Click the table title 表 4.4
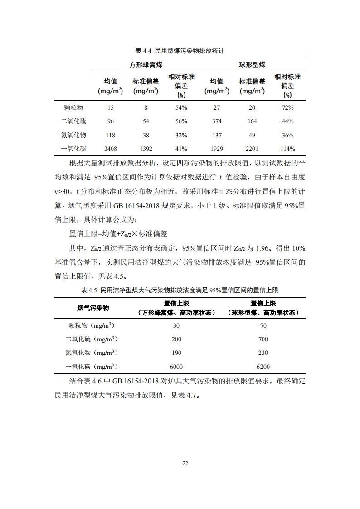pyautogui.click(x=180, y=51)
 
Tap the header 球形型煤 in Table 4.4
pyautogui.click(x=252, y=64)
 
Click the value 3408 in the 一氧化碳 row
pyautogui.click(x=111, y=149)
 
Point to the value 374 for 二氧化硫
pyautogui.click(x=217, y=121)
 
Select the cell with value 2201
pyautogui.click(x=252, y=149)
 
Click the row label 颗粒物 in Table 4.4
pyautogui.click(x=74, y=107)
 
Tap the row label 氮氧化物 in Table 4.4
pyautogui.click(x=73, y=135)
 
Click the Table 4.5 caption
pyautogui.click(x=180, y=290)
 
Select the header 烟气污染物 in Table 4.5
pyautogui.click(x=93, y=308)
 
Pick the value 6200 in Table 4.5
pyautogui.click(x=263, y=367)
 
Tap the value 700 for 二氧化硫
pyautogui.click(x=263, y=339)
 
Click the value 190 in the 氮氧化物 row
pyautogui.click(x=177, y=353)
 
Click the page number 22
pyautogui.click(x=185, y=463)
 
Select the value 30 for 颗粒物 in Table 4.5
pyautogui.click(x=177, y=325)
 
